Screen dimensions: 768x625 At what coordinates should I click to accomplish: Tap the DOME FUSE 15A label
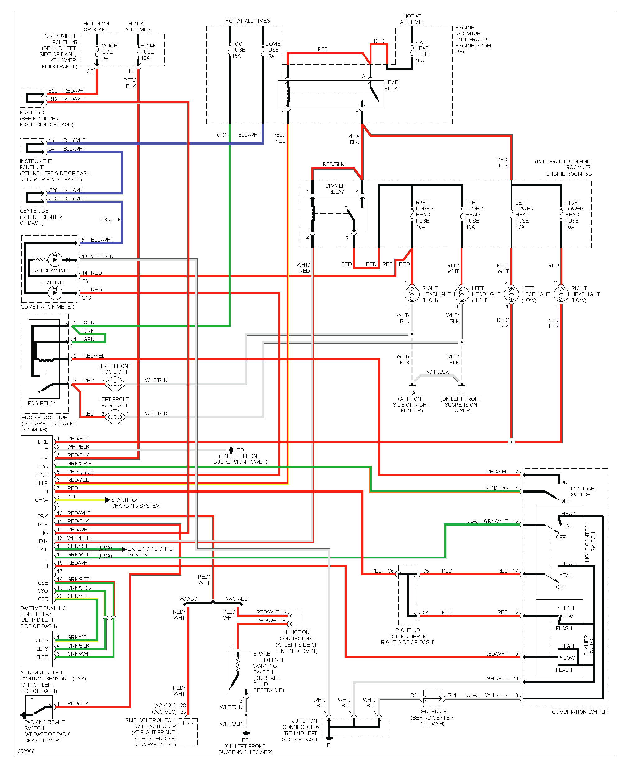click(272, 50)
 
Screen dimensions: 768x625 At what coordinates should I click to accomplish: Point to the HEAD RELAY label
click(392, 85)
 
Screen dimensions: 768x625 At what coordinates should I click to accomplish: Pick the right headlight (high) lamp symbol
click(411, 294)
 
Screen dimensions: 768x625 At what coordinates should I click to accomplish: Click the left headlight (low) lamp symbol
click(511, 294)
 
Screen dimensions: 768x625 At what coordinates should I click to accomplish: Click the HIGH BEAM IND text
click(48, 270)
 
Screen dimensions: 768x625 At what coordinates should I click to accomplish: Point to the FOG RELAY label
click(41, 403)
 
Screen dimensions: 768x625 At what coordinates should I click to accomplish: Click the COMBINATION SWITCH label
click(579, 712)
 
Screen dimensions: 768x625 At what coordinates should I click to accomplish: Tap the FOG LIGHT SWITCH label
click(583, 491)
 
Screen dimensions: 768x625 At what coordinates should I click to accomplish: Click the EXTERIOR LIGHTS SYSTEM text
click(150, 552)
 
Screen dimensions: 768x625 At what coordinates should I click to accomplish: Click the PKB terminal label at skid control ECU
click(188, 723)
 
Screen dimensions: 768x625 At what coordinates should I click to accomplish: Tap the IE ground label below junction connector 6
click(328, 745)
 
